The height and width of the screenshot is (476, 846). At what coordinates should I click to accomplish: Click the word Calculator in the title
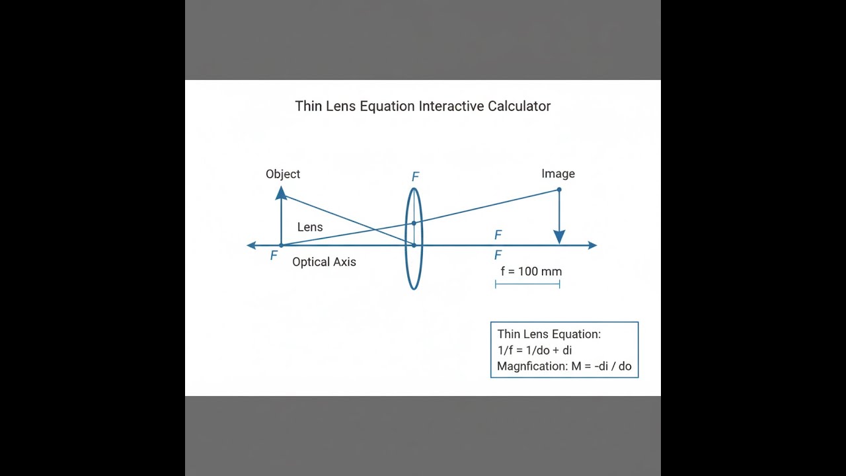tap(519, 106)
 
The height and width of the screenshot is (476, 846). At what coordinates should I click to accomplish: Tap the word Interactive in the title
tap(451, 106)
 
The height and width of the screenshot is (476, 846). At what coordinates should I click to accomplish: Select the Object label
tap(283, 174)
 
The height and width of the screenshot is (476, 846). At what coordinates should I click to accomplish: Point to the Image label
tap(558, 174)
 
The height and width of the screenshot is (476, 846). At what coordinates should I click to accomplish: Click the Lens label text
tap(310, 227)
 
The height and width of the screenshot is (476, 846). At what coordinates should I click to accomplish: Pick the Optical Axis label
tap(324, 262)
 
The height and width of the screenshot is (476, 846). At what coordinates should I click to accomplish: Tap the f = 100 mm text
tap(531, 271)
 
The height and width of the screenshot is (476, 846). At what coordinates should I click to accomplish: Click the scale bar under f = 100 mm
tap(527, 284)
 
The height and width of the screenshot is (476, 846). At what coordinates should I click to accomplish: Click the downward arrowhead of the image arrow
tap(559, 237)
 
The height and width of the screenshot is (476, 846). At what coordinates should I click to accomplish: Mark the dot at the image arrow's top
tap(559, 190)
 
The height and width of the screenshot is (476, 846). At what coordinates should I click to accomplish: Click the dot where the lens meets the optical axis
tap(414, 245)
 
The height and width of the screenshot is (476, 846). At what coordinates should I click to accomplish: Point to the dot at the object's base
tap(281, 245)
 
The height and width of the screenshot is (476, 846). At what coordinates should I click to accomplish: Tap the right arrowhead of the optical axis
tap(593, 245)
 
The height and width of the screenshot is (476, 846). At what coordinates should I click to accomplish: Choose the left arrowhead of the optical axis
tap(251, 245)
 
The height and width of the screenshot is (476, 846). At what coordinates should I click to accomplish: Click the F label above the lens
tap(416, 177)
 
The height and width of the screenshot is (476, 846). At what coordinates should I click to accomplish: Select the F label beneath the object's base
tap(274, 256)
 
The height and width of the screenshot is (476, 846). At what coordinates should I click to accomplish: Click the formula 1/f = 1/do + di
tap(535, 350)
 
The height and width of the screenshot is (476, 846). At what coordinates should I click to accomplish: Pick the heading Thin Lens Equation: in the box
tap(549, 334)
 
